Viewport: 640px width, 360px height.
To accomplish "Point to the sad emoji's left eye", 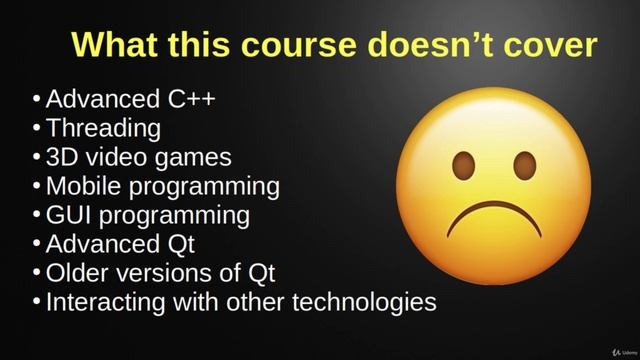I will pos(463,165).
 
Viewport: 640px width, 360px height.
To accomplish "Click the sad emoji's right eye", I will pos(524,165).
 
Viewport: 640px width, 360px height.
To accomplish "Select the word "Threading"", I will pos(103,128).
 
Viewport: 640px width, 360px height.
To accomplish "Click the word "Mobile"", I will pos(82,186).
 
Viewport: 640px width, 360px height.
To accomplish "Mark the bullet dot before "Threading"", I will pos(37,129).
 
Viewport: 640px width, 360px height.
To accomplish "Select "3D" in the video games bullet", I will pos(60,157).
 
